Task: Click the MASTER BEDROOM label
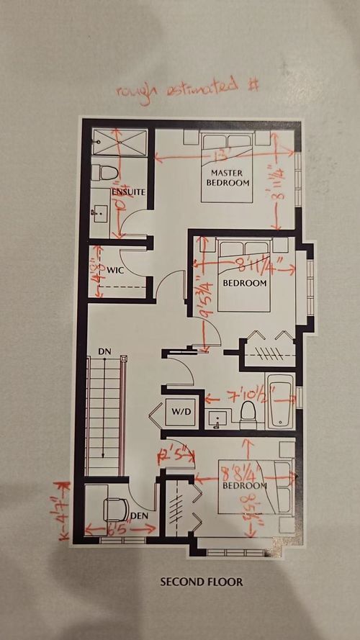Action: coord(230,178)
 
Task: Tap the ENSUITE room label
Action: coord(130,192)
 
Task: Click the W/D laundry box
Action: coord(179,413)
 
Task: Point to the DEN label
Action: coord(138,516)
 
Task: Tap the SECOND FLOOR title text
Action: coord(202,582)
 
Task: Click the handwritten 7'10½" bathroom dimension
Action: coord(237,397)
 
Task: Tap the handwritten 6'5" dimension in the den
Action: coord(120,528)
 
